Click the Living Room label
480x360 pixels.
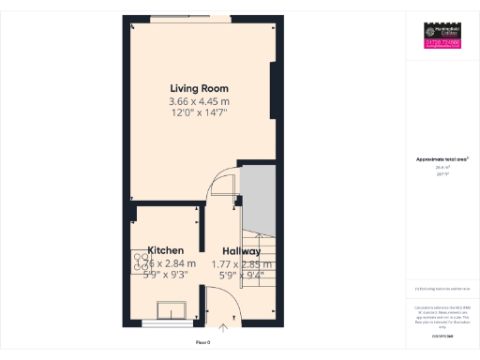199,88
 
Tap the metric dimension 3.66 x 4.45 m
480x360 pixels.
199,100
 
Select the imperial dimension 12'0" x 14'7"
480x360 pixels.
199,112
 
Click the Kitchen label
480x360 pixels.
165,251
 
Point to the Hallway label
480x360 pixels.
241,251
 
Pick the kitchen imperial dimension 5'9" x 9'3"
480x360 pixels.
165,275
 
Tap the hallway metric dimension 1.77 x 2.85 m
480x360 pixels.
241,263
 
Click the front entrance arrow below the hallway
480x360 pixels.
223,328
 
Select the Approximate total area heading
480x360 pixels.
442,159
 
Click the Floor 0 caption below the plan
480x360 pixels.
203,344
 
